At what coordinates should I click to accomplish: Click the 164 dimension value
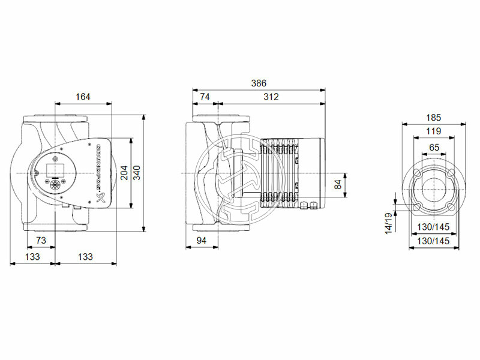[x=84, y=97]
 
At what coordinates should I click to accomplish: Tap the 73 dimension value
[x=41, y=241]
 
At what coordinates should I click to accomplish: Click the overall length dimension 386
[x=258, y=83]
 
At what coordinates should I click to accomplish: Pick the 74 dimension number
[x=205, y=97]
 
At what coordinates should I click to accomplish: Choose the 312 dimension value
[x=271, y=97]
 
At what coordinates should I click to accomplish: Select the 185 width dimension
[x=433, y=117]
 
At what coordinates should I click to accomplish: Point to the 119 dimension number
[x=433, y=131]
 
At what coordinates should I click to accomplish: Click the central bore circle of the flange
[x=433, y=190]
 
